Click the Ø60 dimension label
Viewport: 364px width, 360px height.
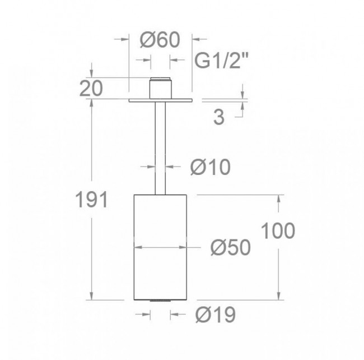[x=160, y=40]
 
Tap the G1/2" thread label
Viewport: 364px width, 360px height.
[x=221, y=61]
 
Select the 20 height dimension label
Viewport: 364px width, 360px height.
[x=91, y=89]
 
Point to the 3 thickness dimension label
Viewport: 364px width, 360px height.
[x=218, y=117]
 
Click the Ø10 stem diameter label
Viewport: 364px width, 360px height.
[x=211, y=167]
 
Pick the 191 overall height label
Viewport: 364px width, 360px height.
[x=92, y=200]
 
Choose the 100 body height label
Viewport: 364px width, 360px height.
[x=278, y=230]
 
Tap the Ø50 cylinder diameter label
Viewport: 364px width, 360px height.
[x=231, y=247]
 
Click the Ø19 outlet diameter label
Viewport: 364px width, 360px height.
[x=216, y=315]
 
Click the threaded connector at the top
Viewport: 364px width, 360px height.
[x=160, y=88]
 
